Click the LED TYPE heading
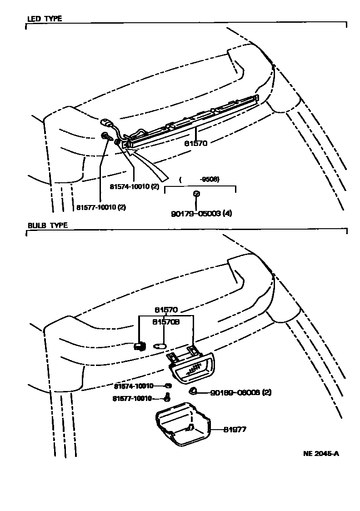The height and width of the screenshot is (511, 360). tap(45, 19)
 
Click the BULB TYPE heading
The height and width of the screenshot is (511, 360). tap(48, 225)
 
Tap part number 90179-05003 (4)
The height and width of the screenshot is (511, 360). tap(201, 213)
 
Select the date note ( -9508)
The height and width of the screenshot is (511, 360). tap(200, 179)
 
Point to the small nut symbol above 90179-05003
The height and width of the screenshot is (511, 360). tap(196, 194)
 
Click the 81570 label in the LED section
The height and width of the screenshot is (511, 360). tap(196, 143)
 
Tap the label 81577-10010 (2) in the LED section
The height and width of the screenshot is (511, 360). tap(101, 207)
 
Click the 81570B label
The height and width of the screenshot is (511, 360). tap(166, 321)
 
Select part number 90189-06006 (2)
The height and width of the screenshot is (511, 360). tap(241, 392)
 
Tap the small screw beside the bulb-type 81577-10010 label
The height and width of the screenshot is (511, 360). tap(167, 398)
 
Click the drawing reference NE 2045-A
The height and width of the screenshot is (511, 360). tap(321, 454)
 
